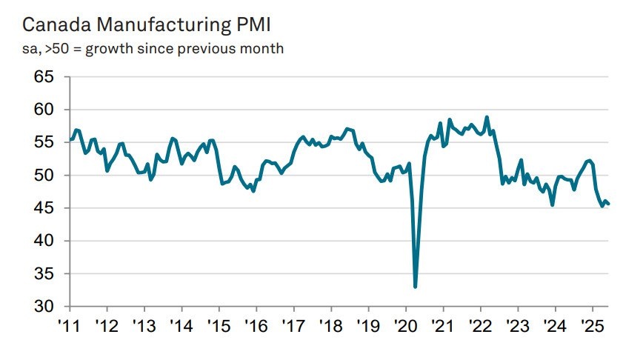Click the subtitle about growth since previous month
click(153, 49)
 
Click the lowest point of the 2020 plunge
click(416, 287)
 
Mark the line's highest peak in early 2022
click(487, 117)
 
